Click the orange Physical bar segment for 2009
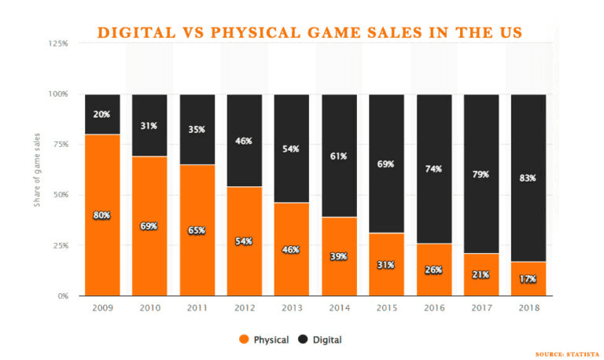(102, 215)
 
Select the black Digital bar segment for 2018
(528, 178)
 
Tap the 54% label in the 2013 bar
(291, 149)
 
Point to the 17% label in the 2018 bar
(528, 279)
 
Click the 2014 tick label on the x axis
(340, 307)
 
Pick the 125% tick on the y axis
(58, 43)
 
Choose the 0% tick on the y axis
(63, 296)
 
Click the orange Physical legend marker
(244, 340)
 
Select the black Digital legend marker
(303, 340)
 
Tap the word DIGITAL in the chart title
(136, 33)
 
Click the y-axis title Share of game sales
(37, 170)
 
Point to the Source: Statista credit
(567, 354)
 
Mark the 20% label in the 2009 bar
(101, 114)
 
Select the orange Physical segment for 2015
(386, 264)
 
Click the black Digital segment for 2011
(197, 130)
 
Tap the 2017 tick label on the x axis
(481, 307)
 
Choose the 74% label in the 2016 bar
(433, 169)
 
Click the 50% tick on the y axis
(61, 195)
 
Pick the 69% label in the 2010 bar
(149, 226)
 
